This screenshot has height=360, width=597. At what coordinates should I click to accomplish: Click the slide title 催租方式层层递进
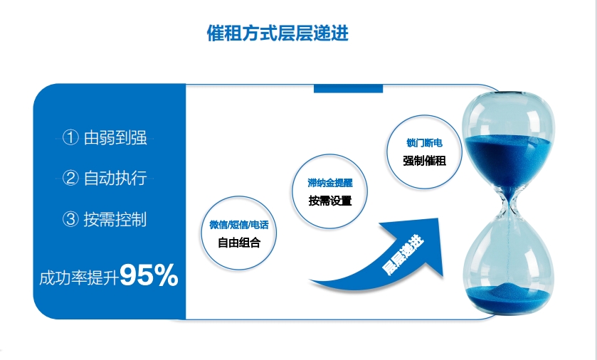[278, 33]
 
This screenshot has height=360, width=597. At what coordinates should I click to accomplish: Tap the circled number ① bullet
[70, 137]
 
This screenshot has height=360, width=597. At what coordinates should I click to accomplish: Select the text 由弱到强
[115, 137]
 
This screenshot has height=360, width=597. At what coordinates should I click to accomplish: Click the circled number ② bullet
[70, 178]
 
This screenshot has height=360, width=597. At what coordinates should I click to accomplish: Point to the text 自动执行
[115, 178]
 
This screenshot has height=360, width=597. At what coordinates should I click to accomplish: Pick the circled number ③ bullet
[70, 219]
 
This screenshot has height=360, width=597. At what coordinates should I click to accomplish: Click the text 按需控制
[115, 219]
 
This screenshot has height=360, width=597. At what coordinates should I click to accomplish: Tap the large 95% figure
[149, 275]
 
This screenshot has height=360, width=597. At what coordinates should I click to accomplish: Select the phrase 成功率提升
[79, 278]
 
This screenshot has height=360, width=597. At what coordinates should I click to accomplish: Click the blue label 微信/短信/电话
[239, 225]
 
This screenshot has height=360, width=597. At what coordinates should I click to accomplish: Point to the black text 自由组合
[239, 243]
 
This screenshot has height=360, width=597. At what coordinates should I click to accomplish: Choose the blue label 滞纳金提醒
[330, 183]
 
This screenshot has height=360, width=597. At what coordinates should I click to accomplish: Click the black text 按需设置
[330, 201]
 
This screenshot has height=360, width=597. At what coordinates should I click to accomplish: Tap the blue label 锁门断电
[425, 143]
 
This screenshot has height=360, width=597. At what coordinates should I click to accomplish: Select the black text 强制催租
[425, 161]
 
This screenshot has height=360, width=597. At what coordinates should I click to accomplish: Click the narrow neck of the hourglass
[509, 206]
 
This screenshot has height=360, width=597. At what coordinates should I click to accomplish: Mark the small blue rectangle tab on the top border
[348, 88]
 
